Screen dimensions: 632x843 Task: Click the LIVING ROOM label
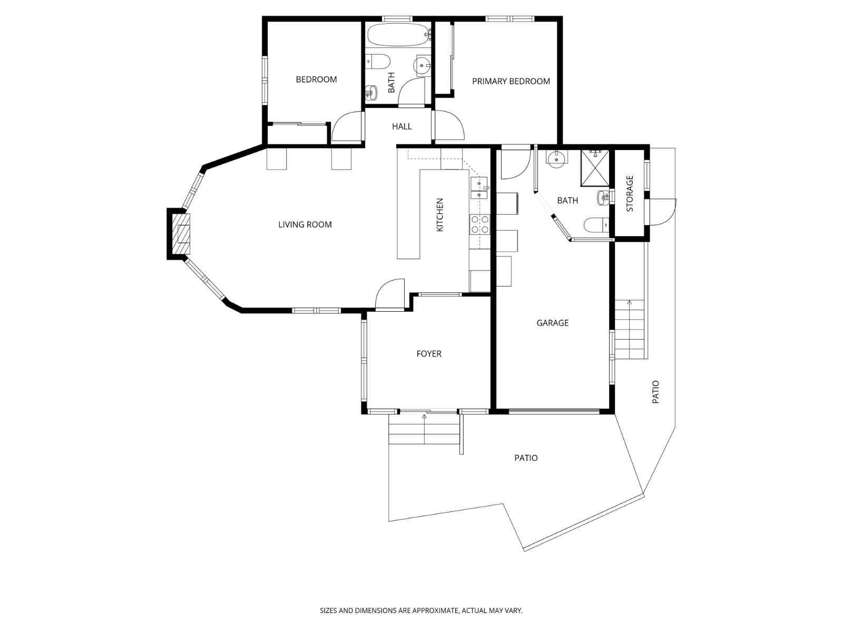305,224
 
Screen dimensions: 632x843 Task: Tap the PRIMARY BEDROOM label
511,81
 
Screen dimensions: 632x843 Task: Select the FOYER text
428,354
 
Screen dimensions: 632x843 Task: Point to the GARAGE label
552,323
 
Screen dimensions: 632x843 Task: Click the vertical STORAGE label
630,194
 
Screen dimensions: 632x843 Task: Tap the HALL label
401,126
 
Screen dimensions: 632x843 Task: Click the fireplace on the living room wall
180,234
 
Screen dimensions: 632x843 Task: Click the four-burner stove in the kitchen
479,224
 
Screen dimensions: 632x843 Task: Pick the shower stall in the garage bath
595,168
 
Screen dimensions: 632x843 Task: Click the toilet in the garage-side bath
596,225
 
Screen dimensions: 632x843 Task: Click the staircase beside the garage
630,329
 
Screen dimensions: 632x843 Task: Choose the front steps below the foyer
424,429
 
